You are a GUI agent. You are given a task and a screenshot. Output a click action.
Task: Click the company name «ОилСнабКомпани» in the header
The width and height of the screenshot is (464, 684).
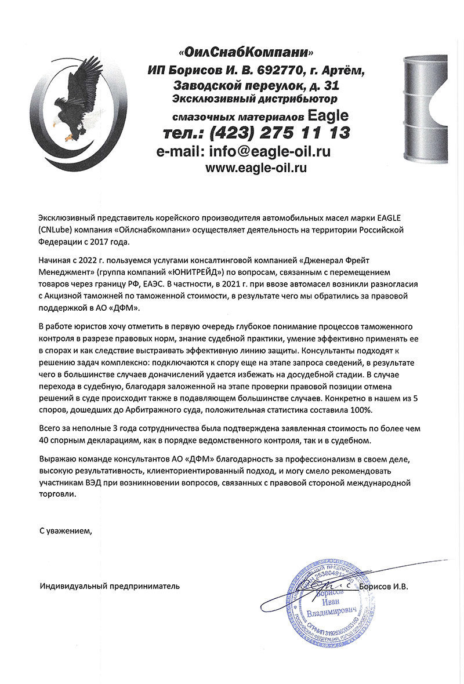point(249,53)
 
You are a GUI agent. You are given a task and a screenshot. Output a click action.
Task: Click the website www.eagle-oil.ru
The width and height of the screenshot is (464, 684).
point(256,168)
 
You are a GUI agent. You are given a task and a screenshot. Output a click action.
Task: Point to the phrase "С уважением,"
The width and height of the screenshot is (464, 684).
point(66,530)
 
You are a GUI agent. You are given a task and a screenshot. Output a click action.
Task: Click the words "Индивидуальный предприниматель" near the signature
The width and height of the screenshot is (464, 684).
point(110,586)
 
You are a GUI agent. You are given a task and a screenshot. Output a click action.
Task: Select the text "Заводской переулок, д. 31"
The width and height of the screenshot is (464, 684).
point(256,85)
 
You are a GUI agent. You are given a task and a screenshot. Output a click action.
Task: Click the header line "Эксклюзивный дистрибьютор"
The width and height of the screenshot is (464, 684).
point(255,99)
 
